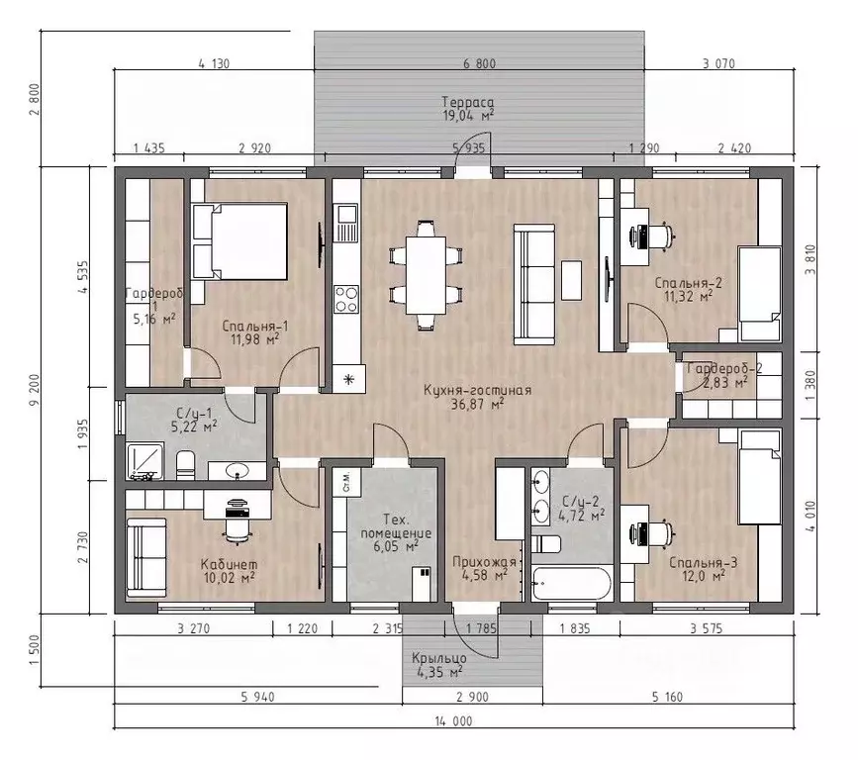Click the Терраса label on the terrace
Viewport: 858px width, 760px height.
[x=468, y=102]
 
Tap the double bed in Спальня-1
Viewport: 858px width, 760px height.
[x=240, y=241]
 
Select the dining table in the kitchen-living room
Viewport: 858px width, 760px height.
[x=426, y=275]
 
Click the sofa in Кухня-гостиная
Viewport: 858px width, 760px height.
[x=533, y=285]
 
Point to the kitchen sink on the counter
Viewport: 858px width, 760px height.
[x=345, y=223]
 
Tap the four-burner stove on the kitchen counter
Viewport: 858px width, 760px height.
[x=346, y=299]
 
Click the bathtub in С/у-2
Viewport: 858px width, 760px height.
[x=571, y=584]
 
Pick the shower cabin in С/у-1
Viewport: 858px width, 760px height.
[x=145, y=462]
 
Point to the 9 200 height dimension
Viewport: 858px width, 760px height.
[x=36, y=390]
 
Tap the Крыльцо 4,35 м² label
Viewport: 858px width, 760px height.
[x=439, y=665]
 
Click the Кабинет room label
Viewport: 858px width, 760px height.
[x=229, y=564]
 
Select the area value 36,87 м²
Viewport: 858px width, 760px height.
[x=477, y=405]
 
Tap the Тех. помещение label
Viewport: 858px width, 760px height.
[x=396, y=526]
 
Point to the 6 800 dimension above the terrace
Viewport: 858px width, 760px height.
[x=479, y=63]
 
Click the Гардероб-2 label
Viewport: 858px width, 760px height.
[x=724, y=368]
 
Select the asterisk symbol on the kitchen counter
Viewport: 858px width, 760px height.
[x=348, y=379]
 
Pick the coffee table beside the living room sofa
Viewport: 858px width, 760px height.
[x=572, y=280]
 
